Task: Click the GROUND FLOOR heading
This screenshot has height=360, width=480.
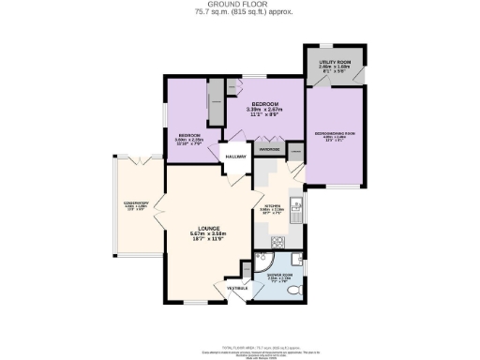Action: [239, 5]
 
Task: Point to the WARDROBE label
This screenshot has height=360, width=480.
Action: [270, 146]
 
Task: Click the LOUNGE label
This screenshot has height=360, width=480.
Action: [203, 227]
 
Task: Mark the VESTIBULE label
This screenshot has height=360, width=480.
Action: [238, 288]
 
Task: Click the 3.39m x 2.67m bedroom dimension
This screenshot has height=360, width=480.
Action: [264, 110]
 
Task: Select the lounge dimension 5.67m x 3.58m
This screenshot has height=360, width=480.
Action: [203, 234]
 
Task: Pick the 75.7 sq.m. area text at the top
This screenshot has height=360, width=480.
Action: [239, 13]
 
